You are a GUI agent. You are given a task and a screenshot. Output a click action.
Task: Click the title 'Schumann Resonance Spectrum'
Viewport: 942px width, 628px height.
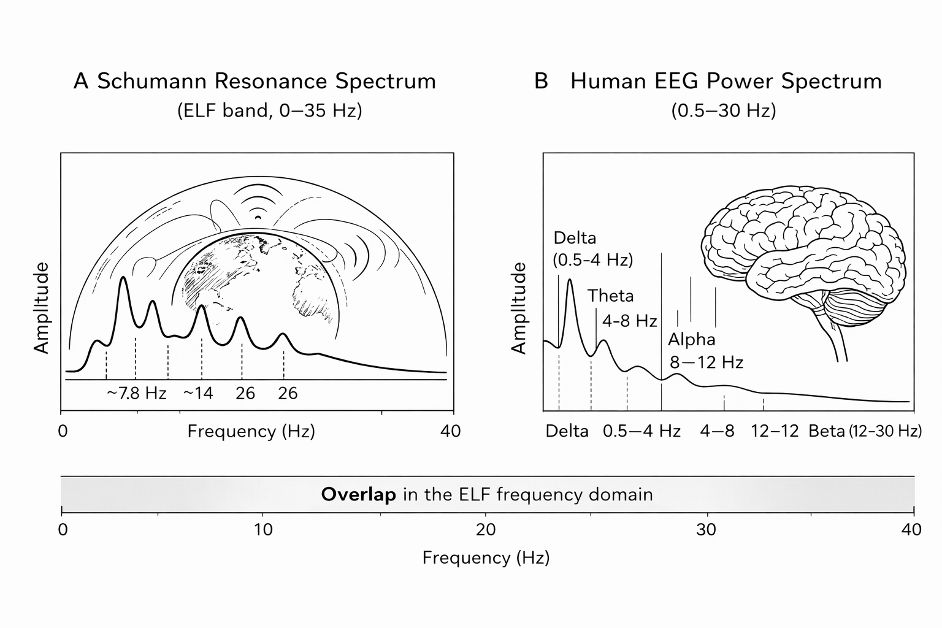click(266, 82)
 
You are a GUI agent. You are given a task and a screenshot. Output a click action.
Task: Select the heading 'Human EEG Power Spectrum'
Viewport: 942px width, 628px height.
click(726, 82)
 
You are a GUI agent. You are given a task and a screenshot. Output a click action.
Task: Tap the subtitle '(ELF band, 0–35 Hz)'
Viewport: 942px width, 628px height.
click(269, 111)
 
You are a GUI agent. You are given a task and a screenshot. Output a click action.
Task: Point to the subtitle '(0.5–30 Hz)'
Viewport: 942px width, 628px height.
click(724, 111)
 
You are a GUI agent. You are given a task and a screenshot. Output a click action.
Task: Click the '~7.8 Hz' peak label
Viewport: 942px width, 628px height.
click(136, 393)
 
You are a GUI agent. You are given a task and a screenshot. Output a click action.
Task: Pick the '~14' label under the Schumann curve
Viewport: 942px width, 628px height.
click(198, 393)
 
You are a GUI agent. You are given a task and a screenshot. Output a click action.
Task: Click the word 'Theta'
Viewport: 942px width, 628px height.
click(610, 296)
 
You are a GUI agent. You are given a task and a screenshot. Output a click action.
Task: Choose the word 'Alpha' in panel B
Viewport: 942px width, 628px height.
click(691, 339)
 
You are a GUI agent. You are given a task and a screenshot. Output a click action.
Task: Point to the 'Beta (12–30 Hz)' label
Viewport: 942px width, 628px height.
click(865, 431)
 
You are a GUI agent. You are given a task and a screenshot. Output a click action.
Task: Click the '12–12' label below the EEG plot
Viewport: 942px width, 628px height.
click(775, 431)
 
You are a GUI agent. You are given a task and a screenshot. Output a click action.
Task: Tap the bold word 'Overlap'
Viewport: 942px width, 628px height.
click(359, 495)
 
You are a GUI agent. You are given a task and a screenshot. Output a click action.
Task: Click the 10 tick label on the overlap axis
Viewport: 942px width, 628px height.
click(263, 529)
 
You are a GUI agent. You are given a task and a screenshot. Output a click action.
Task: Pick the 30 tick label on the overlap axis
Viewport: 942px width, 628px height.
click(706, 529)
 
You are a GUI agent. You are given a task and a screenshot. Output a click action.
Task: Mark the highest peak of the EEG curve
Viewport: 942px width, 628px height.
click(570, 281)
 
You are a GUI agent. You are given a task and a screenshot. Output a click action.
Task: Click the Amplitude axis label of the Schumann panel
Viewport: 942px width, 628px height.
click(41, 308)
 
